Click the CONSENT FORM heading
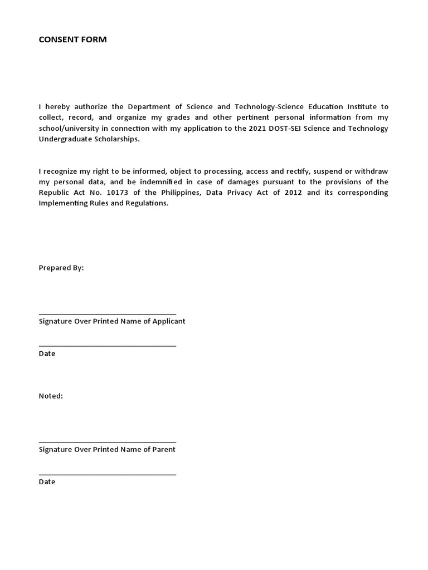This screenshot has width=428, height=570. coord(72,40)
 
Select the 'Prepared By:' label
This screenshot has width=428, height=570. coord(61,268)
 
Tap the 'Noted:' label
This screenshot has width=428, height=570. coord(51,396)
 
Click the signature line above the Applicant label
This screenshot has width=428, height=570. coord(107,315)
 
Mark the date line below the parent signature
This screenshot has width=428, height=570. coord(107,475)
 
